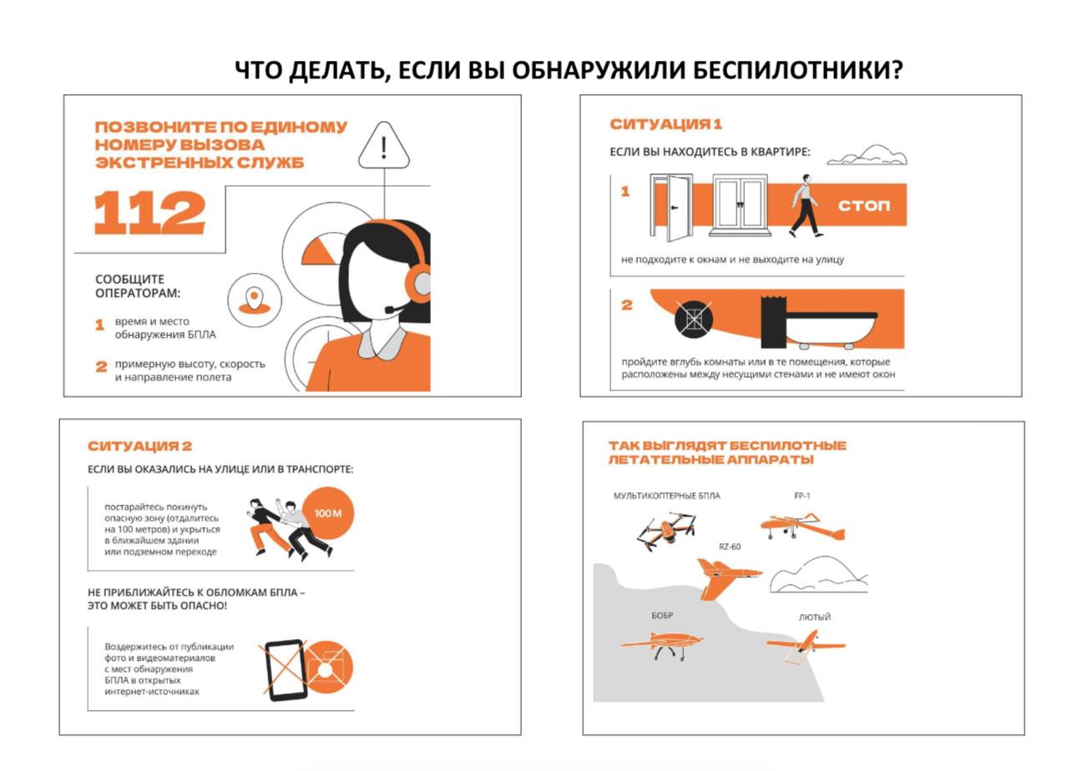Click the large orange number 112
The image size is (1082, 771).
click(149, 213)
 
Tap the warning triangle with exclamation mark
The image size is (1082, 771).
click(383, 145)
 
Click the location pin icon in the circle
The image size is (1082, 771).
click(254, 300)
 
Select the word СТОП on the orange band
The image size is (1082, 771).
click(863, 205)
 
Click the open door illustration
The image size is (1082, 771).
click(672, 207)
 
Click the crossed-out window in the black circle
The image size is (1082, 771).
click(693, 319)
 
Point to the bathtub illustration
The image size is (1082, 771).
click(832, 330)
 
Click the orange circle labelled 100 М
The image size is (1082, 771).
click(328, 513)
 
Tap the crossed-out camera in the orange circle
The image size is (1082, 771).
click(327, 668)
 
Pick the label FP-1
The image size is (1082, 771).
click(802, 496)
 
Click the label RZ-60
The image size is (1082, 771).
click(730, 547)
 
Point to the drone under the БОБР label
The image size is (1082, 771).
click(662, 645)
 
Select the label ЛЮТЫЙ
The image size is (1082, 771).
click(815, 617)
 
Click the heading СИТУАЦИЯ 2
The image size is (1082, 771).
click(139, 446)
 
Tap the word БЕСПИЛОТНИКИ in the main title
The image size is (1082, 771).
click(791, 70)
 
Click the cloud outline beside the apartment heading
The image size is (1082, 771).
click(867, 155)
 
